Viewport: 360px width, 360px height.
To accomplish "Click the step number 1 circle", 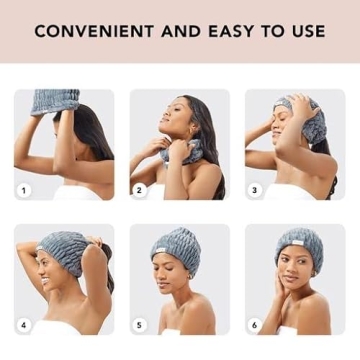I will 23,189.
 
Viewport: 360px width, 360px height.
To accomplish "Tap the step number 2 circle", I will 139,189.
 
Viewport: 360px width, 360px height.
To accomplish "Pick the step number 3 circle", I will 254,189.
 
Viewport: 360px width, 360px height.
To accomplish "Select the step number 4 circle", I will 23,324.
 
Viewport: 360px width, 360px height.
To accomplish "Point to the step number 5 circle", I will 139,324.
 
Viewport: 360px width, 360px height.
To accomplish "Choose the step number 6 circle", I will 254,324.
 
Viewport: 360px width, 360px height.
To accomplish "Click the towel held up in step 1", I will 55,101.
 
